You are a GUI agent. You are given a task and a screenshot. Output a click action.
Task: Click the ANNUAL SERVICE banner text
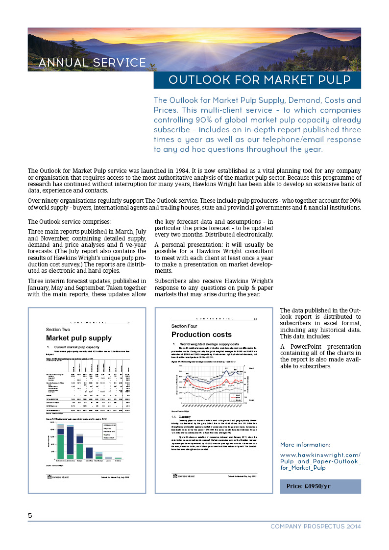92,63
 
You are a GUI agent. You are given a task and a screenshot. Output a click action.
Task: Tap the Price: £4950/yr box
320,486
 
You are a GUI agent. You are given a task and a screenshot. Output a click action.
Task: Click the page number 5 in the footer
30,515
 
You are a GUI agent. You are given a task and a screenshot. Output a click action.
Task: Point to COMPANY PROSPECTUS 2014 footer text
316,526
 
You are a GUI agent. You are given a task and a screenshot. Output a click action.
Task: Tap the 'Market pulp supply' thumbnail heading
79,338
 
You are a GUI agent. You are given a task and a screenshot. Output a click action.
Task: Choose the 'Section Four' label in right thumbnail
184,326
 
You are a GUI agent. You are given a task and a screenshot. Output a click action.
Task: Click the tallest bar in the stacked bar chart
70,430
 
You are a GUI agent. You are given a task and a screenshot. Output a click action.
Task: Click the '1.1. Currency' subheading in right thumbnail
179,417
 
